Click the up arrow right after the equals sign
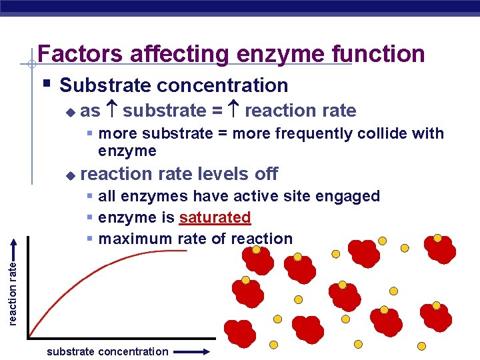pos(233,111)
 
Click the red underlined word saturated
pos(215,217)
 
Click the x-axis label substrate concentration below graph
pos(107,351)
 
